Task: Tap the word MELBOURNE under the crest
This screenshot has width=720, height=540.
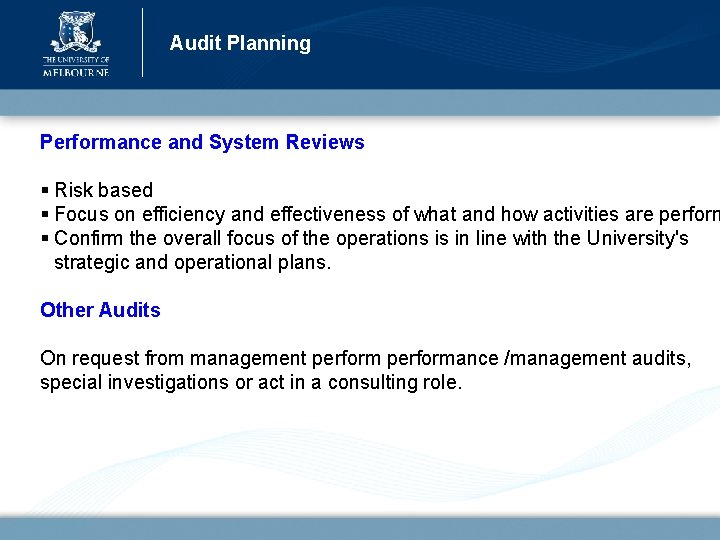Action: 75,71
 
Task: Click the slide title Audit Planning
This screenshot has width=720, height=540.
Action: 240,43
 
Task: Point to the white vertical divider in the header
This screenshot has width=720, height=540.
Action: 143,42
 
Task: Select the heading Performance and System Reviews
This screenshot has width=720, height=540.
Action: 202,142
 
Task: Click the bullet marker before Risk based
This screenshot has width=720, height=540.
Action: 45,190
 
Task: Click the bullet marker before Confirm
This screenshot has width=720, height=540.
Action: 45,238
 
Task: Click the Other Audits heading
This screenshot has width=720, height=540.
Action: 100,310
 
